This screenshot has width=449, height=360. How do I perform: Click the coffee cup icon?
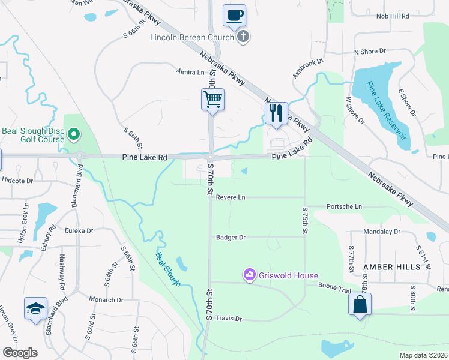(234, 14)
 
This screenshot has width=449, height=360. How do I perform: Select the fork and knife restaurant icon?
(276, 113)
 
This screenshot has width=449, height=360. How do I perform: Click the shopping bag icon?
(360, 304)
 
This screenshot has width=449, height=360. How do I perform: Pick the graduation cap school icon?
(36, 308)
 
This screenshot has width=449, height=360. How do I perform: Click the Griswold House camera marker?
(249, 275)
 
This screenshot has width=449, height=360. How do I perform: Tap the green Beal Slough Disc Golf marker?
(74, 133)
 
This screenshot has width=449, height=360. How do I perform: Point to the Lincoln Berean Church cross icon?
(243, 37)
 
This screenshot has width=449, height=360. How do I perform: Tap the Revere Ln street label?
(231, 197)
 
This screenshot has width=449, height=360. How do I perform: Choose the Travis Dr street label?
(228, 319)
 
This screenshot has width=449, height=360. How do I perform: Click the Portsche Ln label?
(344, 206)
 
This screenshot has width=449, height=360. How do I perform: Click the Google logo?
(20, 352)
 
